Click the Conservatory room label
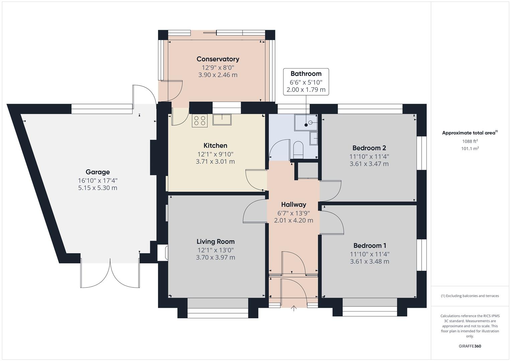[x=218, y=59]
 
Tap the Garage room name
[x=98, y=172]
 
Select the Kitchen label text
[x=215, y=145]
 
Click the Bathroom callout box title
[x=306, y=74]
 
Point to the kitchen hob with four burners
[x=199, y=121]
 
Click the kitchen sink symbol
[x=222, y=119]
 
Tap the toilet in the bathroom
[x=298, y=149]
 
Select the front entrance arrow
[x=294, y=308]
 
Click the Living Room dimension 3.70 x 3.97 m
[x=216, y=257]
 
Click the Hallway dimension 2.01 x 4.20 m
[x=293, y=221]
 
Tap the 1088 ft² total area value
[x=470, y=141]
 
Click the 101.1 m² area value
[x=470, y=149]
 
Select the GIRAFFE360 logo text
[x=470, y=346]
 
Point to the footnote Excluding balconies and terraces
[x=470, y=296]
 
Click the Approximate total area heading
[x=469, y=133]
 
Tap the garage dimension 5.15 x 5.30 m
[x=98, y=188]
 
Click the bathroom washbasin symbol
[x=314, y=138]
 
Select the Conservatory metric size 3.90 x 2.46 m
[x=218, y=75]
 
